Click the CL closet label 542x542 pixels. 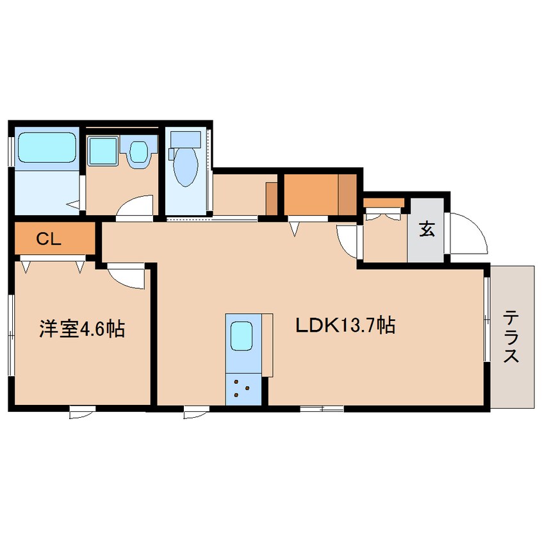pyautogui.click(x=48, y=240)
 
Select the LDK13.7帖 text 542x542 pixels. pyautogui.click(x=344, y=325)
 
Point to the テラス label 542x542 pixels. pyautogui.click(x=511, y=336)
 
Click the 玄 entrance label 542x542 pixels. pyautogui.click(x=426, y=229)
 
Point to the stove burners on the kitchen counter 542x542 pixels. pyautogui.click(x=243, y=388)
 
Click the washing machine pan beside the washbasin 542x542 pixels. pyautogui.click(x=138, y=152)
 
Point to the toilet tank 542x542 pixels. pyautogui.click(x=185, y=138)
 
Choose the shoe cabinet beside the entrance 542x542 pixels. pyautogui.click(x=384, y=203)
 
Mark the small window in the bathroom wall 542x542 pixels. pyautogui.click(x=11, y=147)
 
